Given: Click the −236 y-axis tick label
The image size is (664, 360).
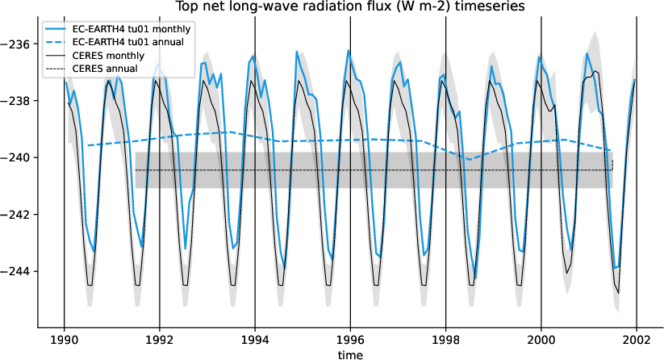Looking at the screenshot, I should click(18, 44).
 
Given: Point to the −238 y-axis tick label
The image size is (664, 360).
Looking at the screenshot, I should click(18, 101).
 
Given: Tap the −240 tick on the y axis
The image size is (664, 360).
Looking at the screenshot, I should click(18, 157).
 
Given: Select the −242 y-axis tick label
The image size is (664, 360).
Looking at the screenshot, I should click(18, 214).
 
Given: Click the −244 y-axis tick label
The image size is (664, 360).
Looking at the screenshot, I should click(18, 270).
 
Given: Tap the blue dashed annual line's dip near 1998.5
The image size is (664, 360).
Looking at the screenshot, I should click(470, 160).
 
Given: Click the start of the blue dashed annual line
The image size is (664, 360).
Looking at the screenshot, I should click(88, 145).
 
